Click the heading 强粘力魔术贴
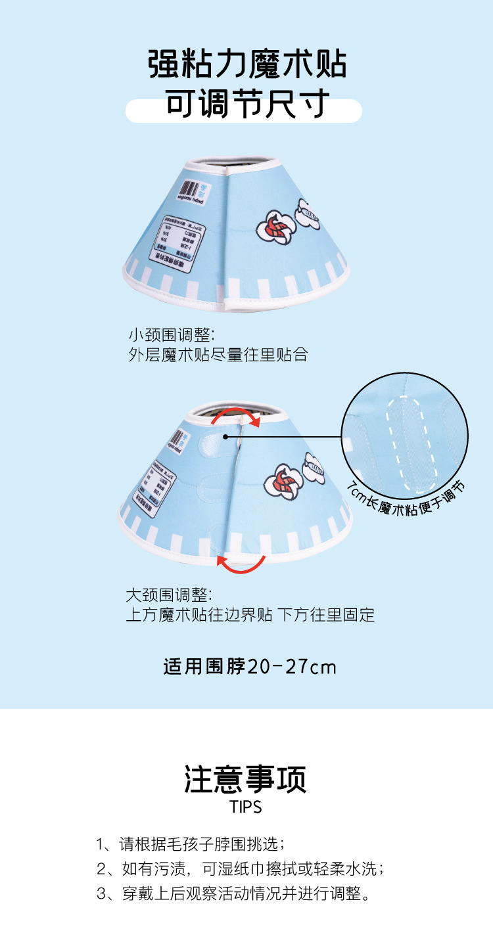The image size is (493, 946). (246, 66)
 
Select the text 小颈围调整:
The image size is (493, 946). (172, 334)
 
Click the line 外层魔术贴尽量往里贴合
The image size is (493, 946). (218, 355)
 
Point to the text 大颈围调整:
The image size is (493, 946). (169, 595)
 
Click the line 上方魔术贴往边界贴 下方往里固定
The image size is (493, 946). (250, 615)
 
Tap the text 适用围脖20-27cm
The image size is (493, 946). (250, 667)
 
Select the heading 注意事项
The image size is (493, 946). (246, 779)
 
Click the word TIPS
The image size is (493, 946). (246, 807)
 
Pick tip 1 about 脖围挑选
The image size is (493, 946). (191, 844)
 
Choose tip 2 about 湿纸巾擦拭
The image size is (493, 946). (241, 868)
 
